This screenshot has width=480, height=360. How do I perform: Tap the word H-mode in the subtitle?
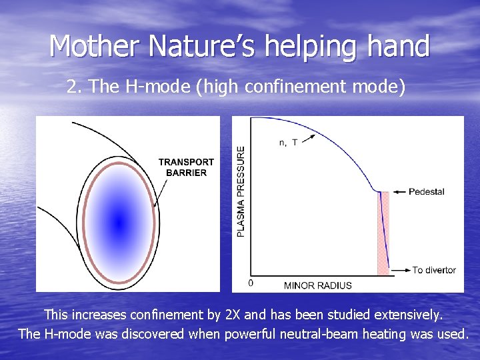[x=145, y=87]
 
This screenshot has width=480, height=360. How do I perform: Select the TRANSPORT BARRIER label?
[x=186, y=167]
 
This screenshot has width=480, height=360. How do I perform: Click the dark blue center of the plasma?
[x=119, y=222]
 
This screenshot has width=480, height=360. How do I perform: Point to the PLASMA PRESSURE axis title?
[x=241, y=191]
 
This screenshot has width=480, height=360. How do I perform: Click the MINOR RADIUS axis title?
[x=317, y=285]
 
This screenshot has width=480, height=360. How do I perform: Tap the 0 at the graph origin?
[x=251, y=283]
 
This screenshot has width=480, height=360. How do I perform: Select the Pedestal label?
[x=426, y=192]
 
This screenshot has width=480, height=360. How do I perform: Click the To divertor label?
[x=434, y=270]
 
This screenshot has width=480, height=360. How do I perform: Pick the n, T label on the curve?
[x=287, y=142]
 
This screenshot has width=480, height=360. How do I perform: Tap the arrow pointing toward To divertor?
[x=401, y=270]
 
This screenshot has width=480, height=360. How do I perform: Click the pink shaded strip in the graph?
[x=383, y=233]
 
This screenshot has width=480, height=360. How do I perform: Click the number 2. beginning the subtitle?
[x=74, y=87]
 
